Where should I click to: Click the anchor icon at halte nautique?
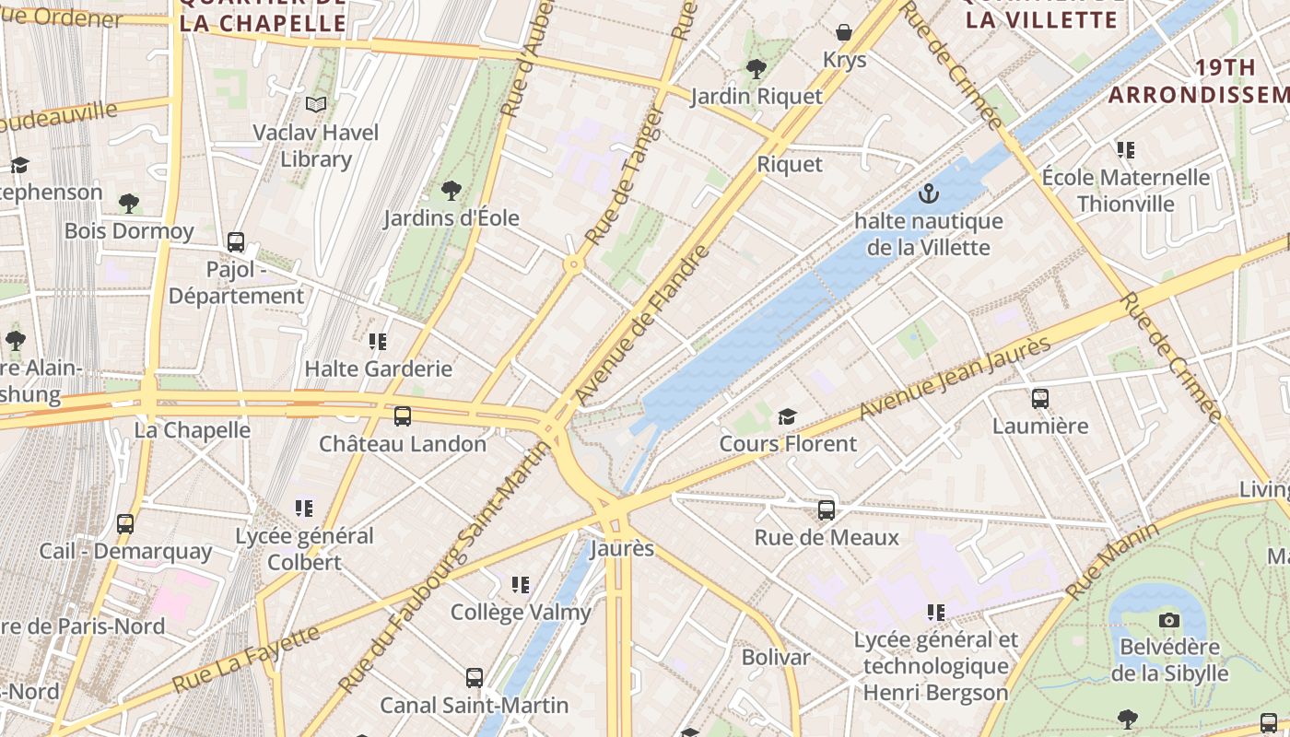(929, 194)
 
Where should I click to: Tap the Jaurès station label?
(621, 549)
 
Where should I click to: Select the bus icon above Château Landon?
(403, 416)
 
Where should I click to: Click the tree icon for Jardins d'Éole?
(451, 191)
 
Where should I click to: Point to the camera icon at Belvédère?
(1169, 620)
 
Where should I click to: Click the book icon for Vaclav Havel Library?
(316, 105)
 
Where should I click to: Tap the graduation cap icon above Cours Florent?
(787, 417)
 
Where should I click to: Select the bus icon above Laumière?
(1040, 399)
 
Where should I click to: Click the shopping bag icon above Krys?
(844, 33)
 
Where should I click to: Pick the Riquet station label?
(790, 164)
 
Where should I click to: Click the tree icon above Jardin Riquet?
(756, 69)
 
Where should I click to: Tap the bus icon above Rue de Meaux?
(827, 510)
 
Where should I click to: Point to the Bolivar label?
(776, 658)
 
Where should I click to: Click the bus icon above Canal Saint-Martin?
(475, 679)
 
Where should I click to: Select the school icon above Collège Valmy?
(521, 585)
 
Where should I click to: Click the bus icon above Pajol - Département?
(236, 242)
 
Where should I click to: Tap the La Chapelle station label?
(193, 430)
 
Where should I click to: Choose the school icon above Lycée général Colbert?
(304, 509)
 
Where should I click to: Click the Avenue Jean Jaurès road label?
(955, 379)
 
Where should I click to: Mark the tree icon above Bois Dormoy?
(129, 204)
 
